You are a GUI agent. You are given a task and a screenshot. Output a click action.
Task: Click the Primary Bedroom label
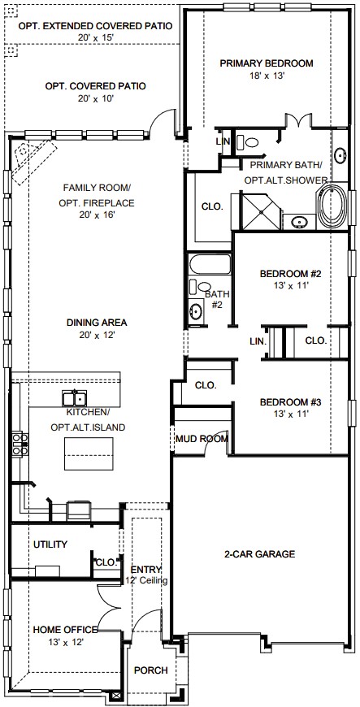pos(267,63)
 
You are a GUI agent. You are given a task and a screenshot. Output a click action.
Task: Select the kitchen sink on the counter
pos(75,398)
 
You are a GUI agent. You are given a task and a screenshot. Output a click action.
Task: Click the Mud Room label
pos(202,439)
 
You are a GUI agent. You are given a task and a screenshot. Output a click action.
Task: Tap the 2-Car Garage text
pos(259,553)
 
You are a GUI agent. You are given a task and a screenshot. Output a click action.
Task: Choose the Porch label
pos(150,670)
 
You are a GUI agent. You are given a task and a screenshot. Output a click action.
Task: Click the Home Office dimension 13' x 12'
pos(65,642)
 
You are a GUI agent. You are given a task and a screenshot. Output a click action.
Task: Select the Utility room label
pos(50,544)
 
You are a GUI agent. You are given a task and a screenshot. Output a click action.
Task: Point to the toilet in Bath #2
pos(198,286)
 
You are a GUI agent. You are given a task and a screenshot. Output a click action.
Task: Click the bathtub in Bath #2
pos(210,265)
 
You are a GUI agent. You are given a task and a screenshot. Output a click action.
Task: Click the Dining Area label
pos(97,323)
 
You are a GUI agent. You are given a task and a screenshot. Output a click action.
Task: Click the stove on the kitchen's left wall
pos(20,444)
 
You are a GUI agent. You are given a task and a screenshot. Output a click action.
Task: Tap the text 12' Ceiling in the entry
pos(146,580)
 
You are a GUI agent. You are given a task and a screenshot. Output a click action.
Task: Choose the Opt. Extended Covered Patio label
pos(95,26)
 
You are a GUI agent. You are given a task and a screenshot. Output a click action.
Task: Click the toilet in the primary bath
pos(249,142)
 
